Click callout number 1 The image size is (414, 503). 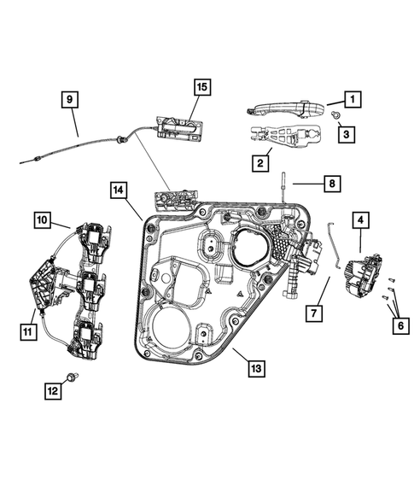tap(352, 99)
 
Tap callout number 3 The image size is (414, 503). tap(346, 133)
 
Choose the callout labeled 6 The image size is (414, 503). tap(399, 325)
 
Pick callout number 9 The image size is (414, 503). tap(71, 100)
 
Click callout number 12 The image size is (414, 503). tap(54, 391)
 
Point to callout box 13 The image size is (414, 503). tap(255, 369)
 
